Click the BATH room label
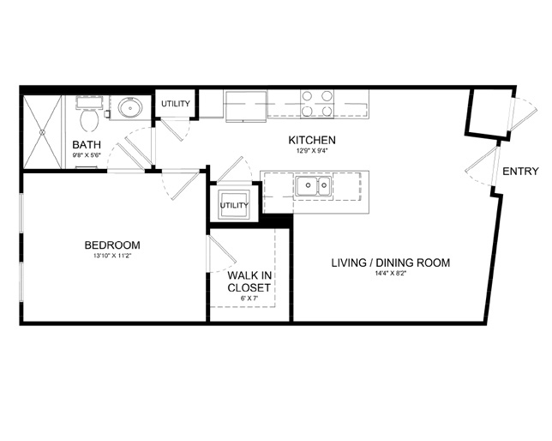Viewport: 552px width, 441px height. [x=87, y=144]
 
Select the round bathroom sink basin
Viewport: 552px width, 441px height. [x=130, y=107]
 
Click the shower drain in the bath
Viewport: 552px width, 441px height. [x=42, y=132]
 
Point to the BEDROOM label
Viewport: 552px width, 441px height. [x=112, y=245]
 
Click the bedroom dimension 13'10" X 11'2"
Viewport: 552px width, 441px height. [x=112, y=256]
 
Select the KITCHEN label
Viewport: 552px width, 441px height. [x=312, y=140]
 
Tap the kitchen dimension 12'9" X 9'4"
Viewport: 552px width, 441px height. [x=312, y=151]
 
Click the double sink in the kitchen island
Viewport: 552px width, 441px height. [x=314, y=186]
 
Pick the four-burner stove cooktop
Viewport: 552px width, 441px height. [x=317, y=104]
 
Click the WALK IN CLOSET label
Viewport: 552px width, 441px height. [x=249, y=281]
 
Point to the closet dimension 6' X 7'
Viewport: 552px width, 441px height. [x=249, y=299]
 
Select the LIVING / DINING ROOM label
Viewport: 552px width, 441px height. [x=391, y=263]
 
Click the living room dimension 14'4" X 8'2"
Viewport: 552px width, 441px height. [x=391, y=274]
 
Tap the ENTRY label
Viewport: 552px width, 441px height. [x=520, y=172]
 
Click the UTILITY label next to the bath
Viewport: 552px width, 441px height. [x=176, y=104]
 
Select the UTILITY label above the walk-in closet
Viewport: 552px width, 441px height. [x=235, y=205]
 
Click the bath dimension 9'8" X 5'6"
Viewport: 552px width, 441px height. [x=87, y=155]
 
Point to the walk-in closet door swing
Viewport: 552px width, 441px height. [x=222, y=254]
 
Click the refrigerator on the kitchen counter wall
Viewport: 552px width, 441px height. [x=245, y=106]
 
